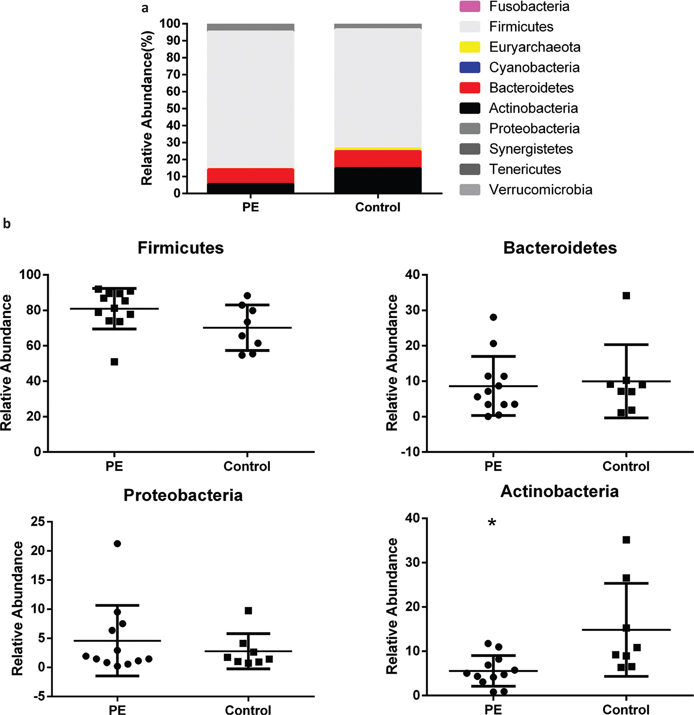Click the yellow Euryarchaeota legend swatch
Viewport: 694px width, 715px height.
(470, 47)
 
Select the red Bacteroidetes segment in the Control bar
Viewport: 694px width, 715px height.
(378, 159)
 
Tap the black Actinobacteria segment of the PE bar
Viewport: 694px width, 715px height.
(250, 188)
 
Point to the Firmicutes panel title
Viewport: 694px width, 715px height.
(181, 248)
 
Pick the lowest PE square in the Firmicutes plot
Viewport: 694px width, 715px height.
(114, 362)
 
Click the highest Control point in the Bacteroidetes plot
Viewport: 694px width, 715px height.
(626, 296)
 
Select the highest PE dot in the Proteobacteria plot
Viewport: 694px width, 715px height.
(117, 544)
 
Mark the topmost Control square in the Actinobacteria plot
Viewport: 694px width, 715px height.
(626, 540)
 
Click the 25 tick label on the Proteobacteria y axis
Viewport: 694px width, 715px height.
(37, 522)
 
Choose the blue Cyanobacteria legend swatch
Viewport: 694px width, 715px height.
(470, 67)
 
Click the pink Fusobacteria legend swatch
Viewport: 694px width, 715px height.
(470, 7)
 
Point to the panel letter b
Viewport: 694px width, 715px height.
(7, 224)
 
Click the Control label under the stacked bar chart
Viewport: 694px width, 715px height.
(378, 207)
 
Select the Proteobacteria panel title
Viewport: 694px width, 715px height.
(183, 496)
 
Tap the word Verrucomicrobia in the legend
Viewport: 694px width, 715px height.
(540, 190)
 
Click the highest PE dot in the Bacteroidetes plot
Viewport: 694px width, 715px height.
(493, 317)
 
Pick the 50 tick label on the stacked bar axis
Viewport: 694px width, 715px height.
(173, 109)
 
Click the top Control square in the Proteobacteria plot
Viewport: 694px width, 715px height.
(248, 610)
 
